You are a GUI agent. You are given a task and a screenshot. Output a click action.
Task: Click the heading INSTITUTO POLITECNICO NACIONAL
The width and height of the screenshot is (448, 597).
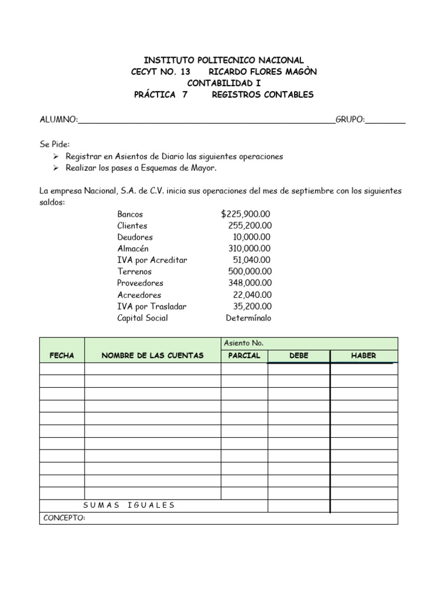[224, 60]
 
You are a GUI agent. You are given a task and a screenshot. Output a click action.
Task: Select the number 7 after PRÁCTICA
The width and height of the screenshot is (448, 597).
[185, 94]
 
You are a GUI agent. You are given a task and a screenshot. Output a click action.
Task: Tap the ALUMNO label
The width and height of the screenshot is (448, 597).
[58, 120]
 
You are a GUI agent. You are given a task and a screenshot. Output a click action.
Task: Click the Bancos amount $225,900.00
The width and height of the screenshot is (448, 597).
[246, 214]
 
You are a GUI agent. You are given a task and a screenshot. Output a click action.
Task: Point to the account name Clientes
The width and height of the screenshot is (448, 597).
[132, 226]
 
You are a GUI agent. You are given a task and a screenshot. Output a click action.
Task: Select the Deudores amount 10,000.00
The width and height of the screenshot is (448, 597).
[251, 237]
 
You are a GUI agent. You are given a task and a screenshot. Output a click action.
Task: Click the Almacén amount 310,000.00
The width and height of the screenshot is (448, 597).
[250, 248]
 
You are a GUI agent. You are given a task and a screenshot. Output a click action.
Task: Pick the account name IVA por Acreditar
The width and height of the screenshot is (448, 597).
[152, 260]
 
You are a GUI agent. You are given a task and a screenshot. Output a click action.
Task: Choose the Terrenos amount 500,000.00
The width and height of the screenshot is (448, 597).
[250, 272]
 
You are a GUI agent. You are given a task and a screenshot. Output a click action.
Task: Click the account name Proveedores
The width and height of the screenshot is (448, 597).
[139, 283]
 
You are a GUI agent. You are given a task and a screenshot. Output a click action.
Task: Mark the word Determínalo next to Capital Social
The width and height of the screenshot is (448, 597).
[249, 318]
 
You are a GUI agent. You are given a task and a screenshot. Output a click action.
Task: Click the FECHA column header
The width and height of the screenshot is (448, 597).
[62, 356]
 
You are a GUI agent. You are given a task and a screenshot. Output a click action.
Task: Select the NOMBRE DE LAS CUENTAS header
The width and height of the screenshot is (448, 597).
[153, 356]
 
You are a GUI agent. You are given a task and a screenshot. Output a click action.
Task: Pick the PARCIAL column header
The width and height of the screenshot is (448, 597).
[244, 356]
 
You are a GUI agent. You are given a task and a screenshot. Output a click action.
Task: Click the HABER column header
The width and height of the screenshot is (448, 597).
[363, 356]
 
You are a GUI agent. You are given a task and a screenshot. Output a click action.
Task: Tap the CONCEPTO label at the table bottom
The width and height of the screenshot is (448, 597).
[64, 518]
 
